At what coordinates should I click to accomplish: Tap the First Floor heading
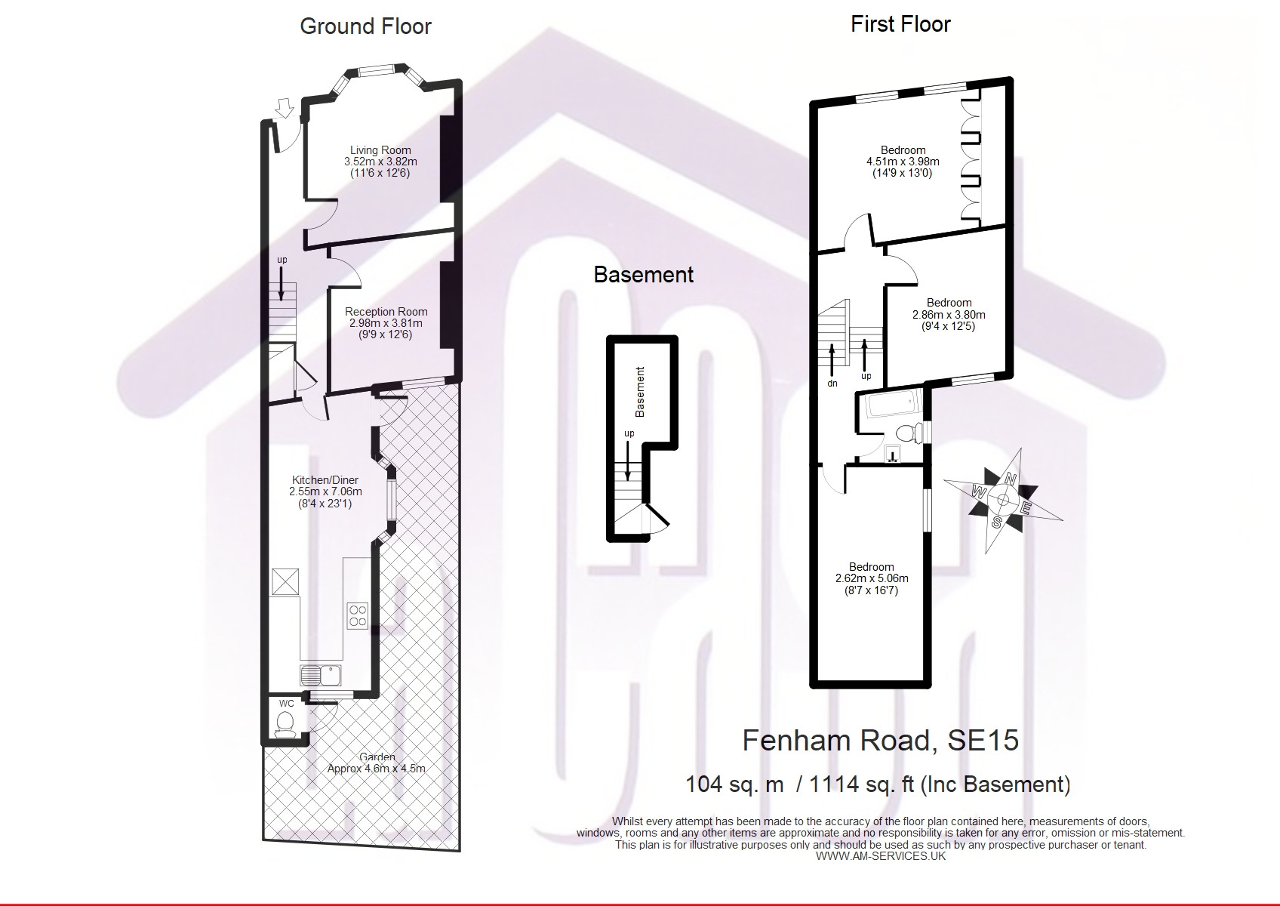tap(900, 24)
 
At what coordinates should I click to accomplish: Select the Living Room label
tap(380, 150)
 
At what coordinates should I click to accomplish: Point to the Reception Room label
tap(386, 312)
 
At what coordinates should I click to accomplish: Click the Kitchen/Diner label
tap(325, 480)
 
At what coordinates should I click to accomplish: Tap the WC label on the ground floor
tap(286, 703)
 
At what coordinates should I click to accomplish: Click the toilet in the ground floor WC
tap(285, 724)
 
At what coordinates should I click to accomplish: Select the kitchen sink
tap(321, 675)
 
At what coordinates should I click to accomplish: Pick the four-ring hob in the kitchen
tap(358, 615)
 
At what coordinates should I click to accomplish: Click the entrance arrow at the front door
tap(284, 107)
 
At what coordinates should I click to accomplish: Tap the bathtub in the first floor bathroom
tap(894, 405)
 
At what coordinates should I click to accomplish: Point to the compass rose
tap(1003, 501)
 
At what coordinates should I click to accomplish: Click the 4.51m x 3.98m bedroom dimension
tap(903, 162)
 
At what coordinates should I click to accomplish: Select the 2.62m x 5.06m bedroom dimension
tap(872, 578)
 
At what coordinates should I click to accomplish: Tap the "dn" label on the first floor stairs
tap(832, 384)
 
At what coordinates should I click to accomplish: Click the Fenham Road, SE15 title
tap(880, 740)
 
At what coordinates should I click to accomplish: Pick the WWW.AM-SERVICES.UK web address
tap(881, 856)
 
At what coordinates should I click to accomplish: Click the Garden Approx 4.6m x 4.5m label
tap(377, 763)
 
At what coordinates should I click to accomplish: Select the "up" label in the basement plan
tap(629, 434)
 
